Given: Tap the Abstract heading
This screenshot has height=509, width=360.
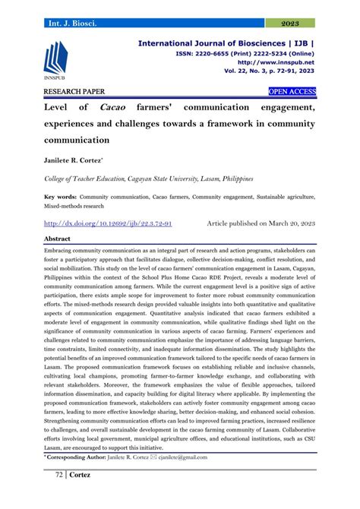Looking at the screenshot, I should (x=57, y=239).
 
